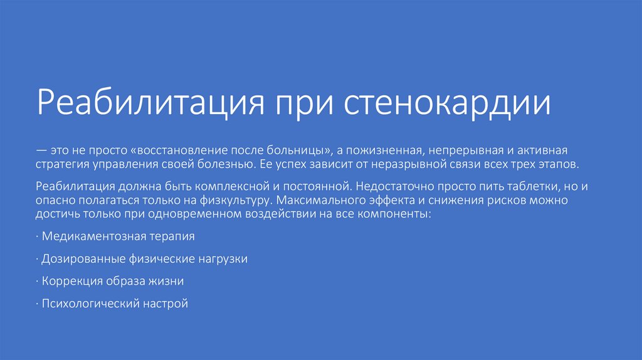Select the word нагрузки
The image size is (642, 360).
(x=223, y=259)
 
